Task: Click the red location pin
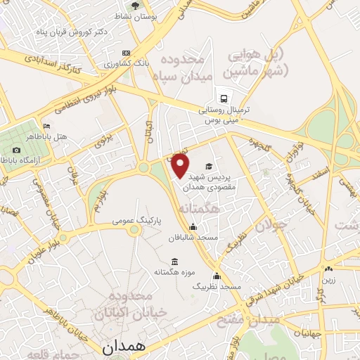point(181,166)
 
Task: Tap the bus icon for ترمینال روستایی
point(223,98)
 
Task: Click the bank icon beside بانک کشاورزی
point(126,53)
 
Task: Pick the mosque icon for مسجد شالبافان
point(193,226)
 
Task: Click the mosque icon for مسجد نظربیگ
point(217,276)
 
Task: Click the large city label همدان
point(123,347)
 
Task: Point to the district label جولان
point(269,226)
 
